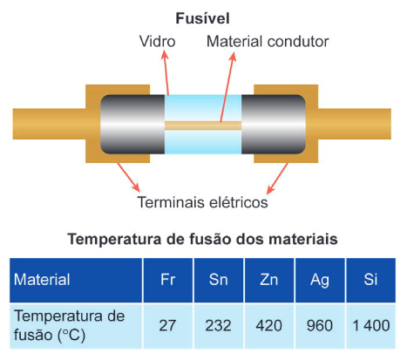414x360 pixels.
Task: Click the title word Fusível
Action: click(x=202, y=18)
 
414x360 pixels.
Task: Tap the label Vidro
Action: click(x=158, y=42)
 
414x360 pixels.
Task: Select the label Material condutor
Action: click(x=268, y=42)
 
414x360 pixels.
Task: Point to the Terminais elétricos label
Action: click(x=202, y=202)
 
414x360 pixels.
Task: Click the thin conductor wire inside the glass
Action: click(x=203, y=126)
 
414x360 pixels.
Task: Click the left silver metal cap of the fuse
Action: click(x=132, y=125)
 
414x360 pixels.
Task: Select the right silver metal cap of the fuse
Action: click(x=274, y=125)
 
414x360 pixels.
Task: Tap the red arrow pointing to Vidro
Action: click(x=166, y=72)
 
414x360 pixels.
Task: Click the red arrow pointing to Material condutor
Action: click(x=227, y=87)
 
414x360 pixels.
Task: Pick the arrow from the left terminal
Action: click(x=128, y=177)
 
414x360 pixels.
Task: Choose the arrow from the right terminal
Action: click(x=277, y=178)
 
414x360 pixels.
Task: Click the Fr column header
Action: click(x=168, y=280)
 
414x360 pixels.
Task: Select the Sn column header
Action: click(x=219, y=280)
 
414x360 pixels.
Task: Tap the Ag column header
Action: click(x=320, y=280)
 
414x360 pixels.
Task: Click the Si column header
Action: click(x=370, y=280)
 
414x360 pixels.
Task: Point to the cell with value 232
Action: click(x=219, y=326)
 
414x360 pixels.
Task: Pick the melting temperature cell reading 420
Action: click(x=269, y=326)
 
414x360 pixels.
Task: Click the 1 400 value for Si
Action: click(x=370, y=326)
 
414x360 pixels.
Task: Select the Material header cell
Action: click(x=76, y=280)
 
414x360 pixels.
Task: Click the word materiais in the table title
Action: click(x=303, y=240)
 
